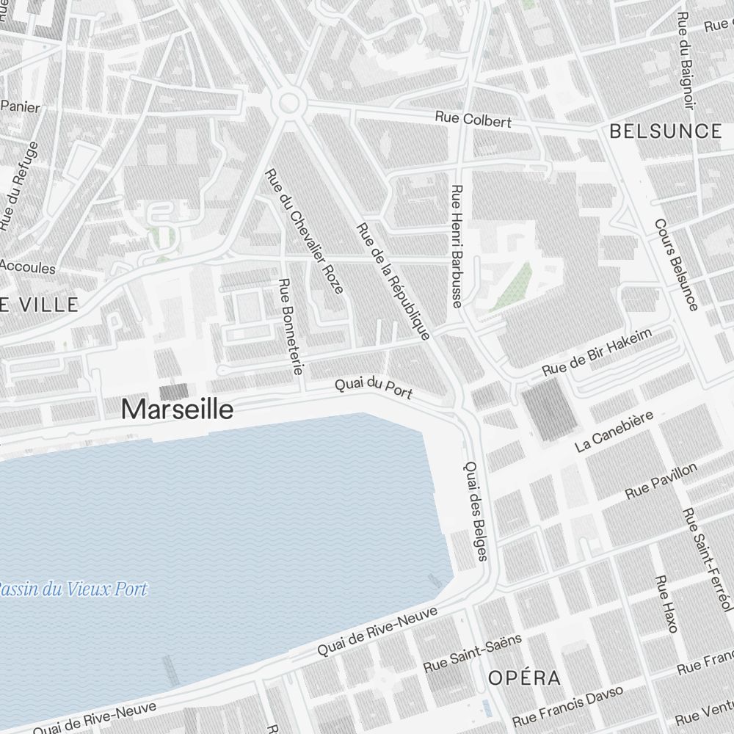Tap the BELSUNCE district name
click(x=666, y=131)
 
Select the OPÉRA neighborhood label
click(x=525, y=677)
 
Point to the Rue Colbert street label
click(x=473, y=119)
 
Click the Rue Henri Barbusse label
click(x=457, y=246)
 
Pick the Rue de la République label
click(x=392, y=282)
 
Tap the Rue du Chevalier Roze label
click(x=304, y=231)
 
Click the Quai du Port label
click(x=374, y=388)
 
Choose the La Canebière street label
click(x=614, y=432)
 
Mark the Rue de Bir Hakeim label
click(x=597, y=352)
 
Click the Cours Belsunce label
click(x=676, y=264)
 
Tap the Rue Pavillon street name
click(x=661, y=482)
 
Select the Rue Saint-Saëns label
click(x=473, y=653)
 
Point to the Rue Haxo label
click(x=666, y=603)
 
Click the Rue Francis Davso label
click(x=567, y=705)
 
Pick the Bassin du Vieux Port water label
click(x=73, y=589)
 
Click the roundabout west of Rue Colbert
click(x=288, y=105)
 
